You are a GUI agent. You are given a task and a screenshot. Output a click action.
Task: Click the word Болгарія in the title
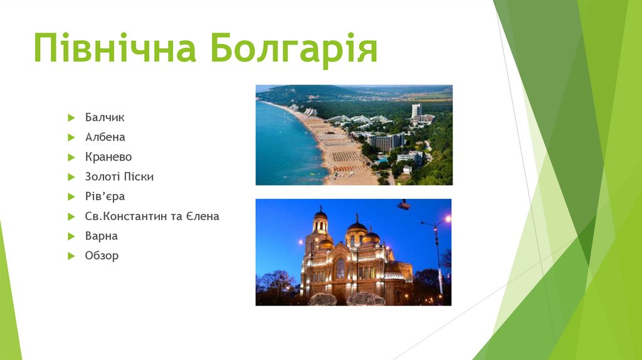tap(293, 49)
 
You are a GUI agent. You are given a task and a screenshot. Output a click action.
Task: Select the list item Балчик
tap(105, 117)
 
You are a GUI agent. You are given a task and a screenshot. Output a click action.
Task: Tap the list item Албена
tap(105, 137)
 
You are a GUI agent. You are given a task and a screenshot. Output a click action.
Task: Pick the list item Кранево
tap(108, 157)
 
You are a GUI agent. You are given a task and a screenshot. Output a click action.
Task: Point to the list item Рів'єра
tap(105, 196)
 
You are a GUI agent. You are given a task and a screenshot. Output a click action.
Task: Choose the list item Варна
tap(101, 236)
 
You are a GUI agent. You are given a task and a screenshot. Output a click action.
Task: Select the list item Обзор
tap(102, 255)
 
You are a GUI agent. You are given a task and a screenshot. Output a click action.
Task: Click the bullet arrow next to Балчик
tap(71, 118)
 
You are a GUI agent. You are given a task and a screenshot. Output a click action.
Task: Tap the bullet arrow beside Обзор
tap(71, 257)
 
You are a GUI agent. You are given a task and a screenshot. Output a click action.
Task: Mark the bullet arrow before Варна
tap(71, 236)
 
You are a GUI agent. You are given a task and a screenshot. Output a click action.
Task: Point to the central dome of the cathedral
tap(357, 226)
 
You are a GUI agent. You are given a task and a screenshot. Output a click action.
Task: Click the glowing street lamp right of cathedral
tap(448, 219)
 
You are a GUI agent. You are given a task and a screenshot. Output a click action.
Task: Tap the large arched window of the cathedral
tap(340, 268)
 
